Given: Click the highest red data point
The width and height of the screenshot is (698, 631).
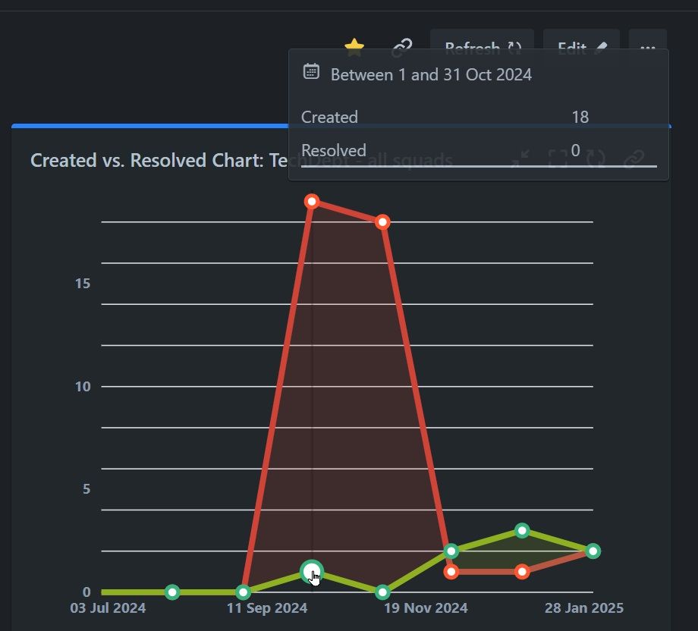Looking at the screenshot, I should (x=312, y=201).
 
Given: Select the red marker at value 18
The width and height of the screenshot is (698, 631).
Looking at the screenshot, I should (x=382, y=221).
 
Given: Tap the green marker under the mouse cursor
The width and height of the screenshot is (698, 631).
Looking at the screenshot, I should (x=312, y=571).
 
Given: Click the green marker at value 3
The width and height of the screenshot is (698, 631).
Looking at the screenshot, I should (x=522, y=530).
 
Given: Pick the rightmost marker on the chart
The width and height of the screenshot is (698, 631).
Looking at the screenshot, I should (x=593, y=551).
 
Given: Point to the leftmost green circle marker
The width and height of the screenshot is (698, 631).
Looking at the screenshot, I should (x=172, y=592).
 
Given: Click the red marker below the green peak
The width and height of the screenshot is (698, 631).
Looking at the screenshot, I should (x=522, y=571).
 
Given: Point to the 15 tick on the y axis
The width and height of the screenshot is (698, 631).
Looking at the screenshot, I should (x=83, y=284).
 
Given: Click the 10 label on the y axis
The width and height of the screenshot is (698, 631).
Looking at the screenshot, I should (x=83, y=387).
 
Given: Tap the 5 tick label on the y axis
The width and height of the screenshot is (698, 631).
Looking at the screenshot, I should (x=86, y=489).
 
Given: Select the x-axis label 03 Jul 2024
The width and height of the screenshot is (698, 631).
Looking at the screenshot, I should (x=108, y=608).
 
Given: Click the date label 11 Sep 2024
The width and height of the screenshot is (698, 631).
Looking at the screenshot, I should (x=268, y=608).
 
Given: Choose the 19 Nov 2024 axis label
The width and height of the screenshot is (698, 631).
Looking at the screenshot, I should (x=426, y=608).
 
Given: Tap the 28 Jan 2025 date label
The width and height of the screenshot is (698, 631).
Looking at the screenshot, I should (x=584, y=608).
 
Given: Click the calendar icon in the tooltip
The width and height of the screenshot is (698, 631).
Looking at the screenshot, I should (x=311, y=72).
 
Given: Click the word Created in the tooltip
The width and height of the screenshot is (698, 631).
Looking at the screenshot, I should (x=329, y=118).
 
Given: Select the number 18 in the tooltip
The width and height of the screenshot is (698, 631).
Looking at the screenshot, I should (x=580, y=118).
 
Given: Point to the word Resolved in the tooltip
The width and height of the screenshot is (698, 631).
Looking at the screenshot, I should (x=334, y=151).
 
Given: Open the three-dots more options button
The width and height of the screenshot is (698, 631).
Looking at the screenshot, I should (x=647, y=49).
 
